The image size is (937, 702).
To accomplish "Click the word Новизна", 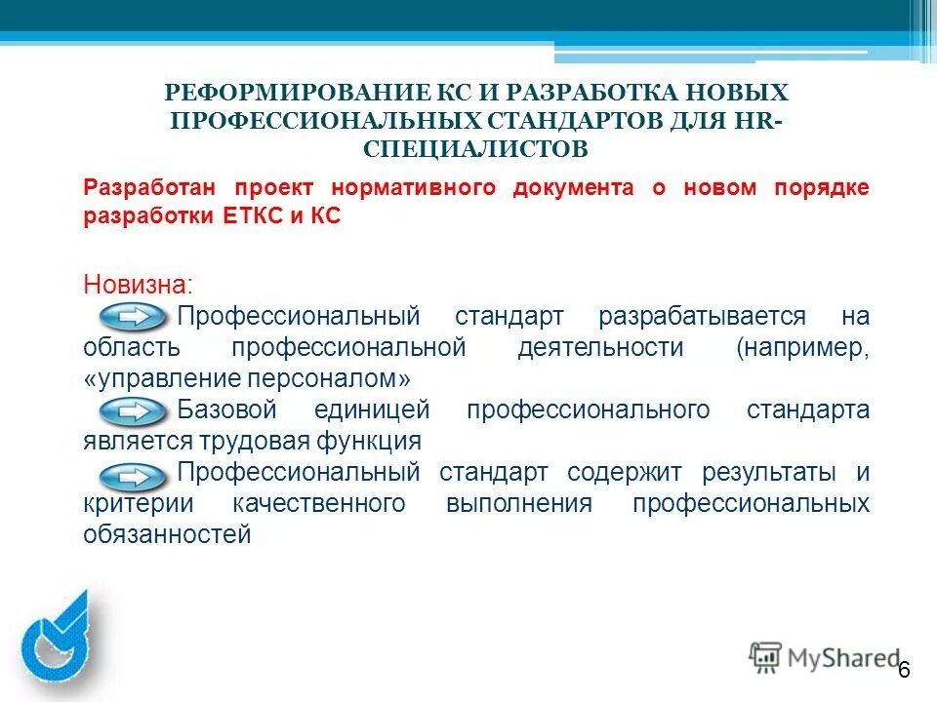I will pyautogui.click(x=138, y=285).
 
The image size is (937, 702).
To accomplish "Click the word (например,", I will pyautogui.click(x=803, y=348).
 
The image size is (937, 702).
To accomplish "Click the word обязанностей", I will pyautogui.click(x=167, y=534).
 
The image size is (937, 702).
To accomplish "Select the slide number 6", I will pyautogui.click(x=904, y=669).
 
